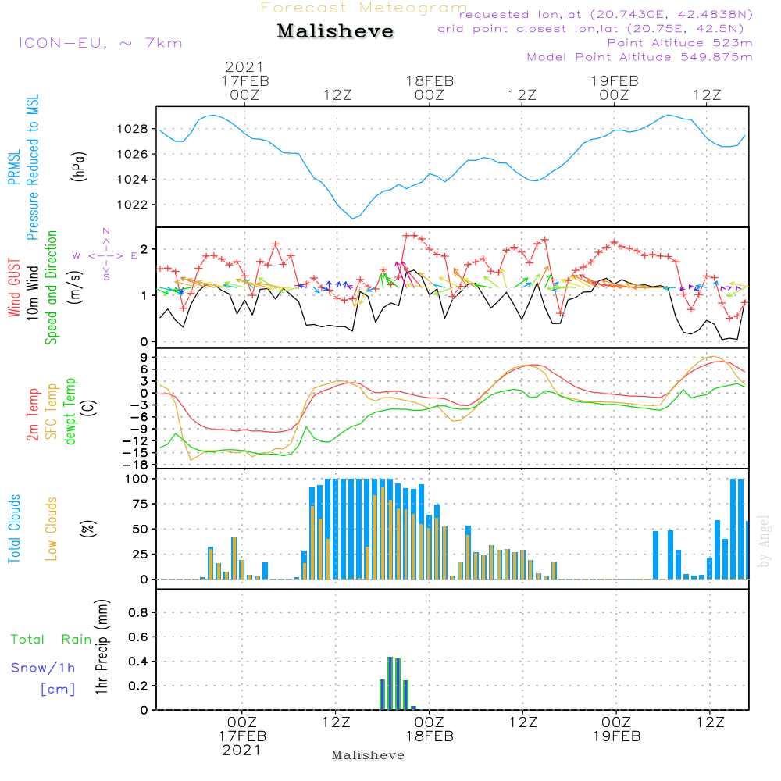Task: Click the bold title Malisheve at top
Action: coord(335,32)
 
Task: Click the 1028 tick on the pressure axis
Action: coord(134,128)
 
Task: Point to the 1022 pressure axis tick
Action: coord(134,205)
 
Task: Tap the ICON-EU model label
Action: coord(100,43)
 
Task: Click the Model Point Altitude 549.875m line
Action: coord(640,57)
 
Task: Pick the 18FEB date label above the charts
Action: coord(430,80)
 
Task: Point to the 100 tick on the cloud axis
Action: coord(137,479)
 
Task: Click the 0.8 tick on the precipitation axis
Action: coord(137,613)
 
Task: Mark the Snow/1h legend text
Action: coord(44,668)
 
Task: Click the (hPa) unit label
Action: coord(79,166)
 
